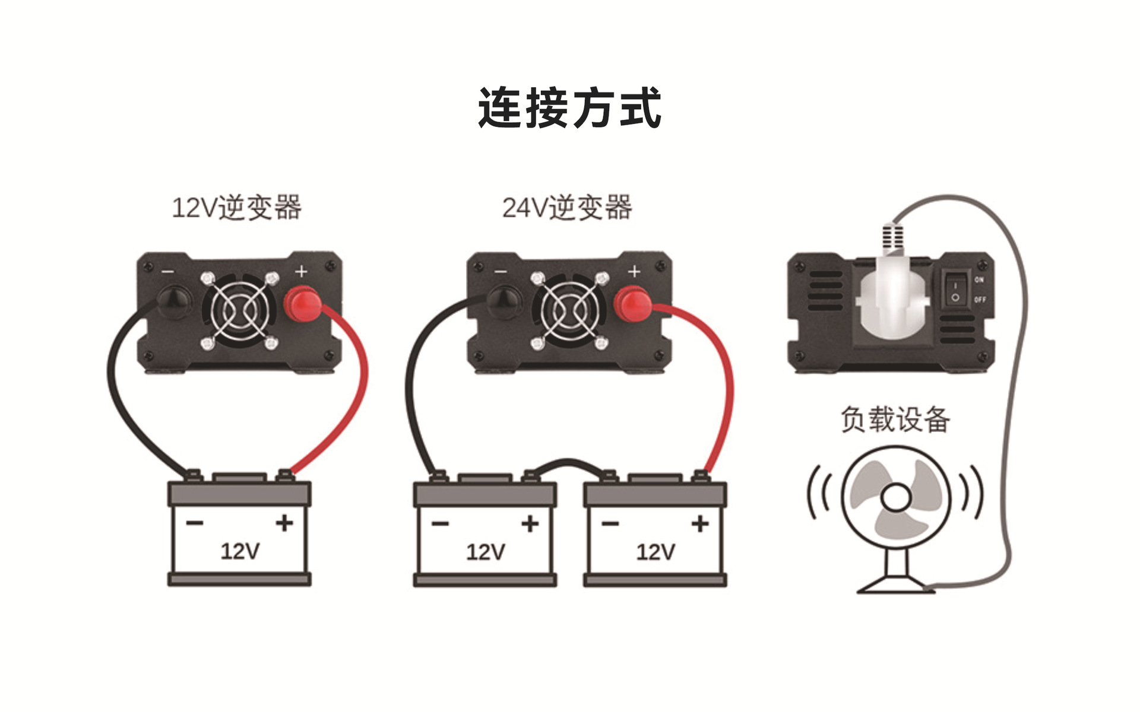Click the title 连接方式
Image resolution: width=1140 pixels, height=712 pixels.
(x=569, y=107)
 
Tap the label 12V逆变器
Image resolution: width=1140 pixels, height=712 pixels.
(x=236, y=208)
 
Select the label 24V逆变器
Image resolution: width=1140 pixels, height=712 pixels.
(x=567, y=208)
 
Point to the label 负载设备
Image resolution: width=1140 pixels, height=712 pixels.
(x=895, y=419)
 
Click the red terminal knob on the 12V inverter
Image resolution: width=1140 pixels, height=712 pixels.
(x=302, y=304)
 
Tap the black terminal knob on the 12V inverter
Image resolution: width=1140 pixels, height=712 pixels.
(x=176, y=303)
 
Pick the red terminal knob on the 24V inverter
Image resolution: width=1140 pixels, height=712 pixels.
(x=633, y=304)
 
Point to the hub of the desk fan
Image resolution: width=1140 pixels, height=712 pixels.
(x=895, y=498)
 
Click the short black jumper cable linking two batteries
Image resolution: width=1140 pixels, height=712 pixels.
(x=569, y=463)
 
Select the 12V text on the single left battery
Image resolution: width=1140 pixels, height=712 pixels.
(x=240, y=551)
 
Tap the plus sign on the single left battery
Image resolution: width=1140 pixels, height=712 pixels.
(x=284, y=523)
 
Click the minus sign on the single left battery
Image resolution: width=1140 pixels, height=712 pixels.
(x=195, y=523)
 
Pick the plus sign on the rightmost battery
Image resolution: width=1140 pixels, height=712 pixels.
(x=700, y=523)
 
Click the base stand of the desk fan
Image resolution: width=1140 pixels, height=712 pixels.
(x=895, y=585)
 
